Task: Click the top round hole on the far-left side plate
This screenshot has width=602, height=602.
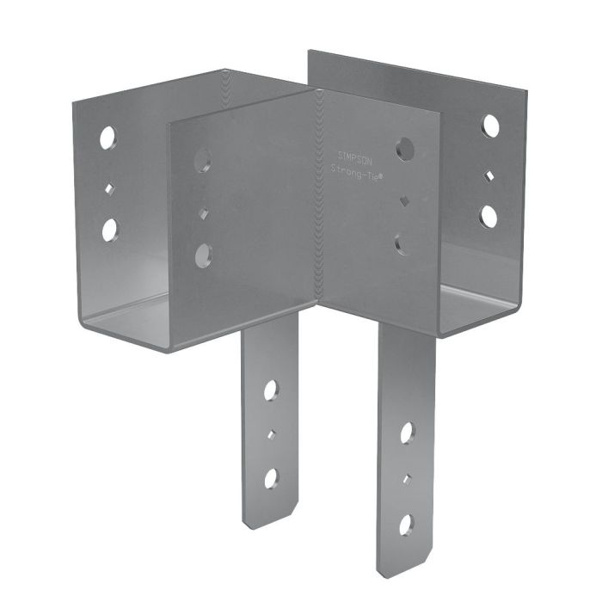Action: (x=107, y=138)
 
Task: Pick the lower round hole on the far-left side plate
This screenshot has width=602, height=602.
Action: (x=110, y=230)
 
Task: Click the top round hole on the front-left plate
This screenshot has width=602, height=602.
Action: (x=203, y=160)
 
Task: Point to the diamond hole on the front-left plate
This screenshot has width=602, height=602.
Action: (x=204, y=212)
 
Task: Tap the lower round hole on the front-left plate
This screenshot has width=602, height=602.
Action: (x=204, y=255)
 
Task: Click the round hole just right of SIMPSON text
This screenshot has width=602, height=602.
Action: (x=405, y=149)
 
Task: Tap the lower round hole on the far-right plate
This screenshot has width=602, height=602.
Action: (x=488, y=217)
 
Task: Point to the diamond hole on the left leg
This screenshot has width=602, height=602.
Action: (x=271, y=435)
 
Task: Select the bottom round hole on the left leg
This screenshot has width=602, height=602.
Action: (x=271, y=478)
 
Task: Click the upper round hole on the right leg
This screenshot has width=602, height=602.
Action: (x=406, y=433)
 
